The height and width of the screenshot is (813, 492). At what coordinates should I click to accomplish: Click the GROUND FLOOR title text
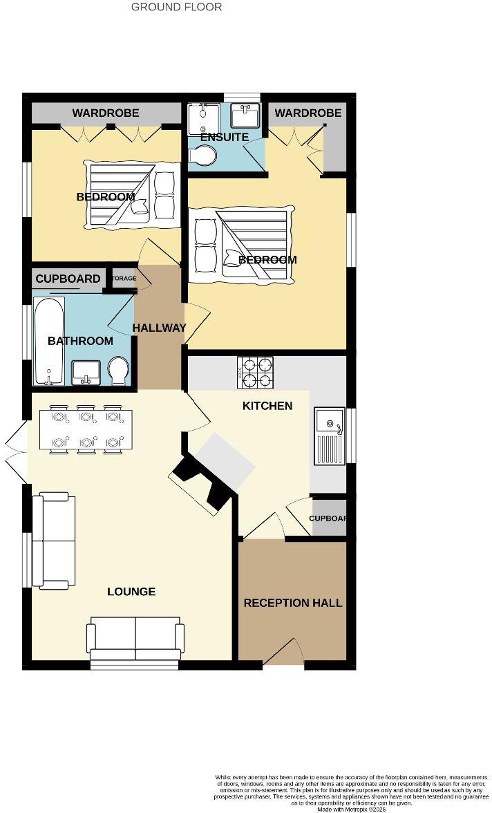[177, 7]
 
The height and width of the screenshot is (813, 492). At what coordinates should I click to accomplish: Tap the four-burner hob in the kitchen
[255, 373]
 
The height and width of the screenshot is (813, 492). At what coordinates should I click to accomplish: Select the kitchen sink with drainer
[330, 436]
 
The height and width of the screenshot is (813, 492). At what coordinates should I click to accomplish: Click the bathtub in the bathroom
[49, 340]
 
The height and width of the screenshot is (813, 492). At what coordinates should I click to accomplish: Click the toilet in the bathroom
[117, 371]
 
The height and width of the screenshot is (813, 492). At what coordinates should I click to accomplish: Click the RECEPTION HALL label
[292, 603]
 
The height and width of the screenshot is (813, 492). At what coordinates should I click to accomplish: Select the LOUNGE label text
[131, 592]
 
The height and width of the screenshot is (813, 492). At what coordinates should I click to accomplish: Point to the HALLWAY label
[160, 328]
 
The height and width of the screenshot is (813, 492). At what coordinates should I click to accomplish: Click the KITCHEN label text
[267, 406]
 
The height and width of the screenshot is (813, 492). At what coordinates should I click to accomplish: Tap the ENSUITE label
[224, 137]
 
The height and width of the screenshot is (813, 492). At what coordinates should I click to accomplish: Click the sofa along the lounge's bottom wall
[135, 642]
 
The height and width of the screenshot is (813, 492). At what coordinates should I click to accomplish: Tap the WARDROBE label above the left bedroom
[106, 113]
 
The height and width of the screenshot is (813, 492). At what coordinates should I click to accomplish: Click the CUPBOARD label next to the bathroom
[68, 279]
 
